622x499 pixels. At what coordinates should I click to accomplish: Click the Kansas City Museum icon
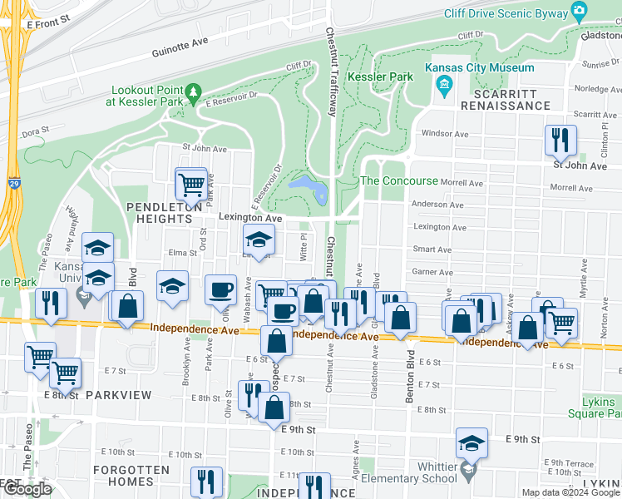443,84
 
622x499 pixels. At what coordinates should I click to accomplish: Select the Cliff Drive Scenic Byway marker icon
580,12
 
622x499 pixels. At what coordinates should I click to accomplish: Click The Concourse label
399,181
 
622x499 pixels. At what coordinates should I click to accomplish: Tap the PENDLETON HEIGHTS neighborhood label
160,212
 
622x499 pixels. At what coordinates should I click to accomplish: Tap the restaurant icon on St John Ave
560,141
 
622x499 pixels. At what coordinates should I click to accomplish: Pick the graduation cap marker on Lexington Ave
258,241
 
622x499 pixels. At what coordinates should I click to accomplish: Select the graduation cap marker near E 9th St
471,445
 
